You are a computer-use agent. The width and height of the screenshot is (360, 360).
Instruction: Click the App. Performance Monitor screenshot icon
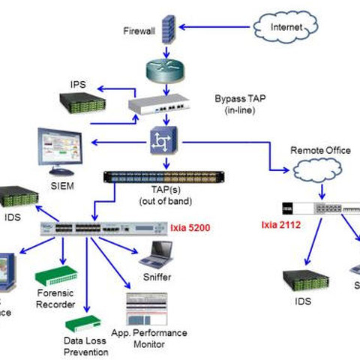tap(147, 309)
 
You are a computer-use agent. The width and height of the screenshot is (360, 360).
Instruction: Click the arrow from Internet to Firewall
tap(217, 29)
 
